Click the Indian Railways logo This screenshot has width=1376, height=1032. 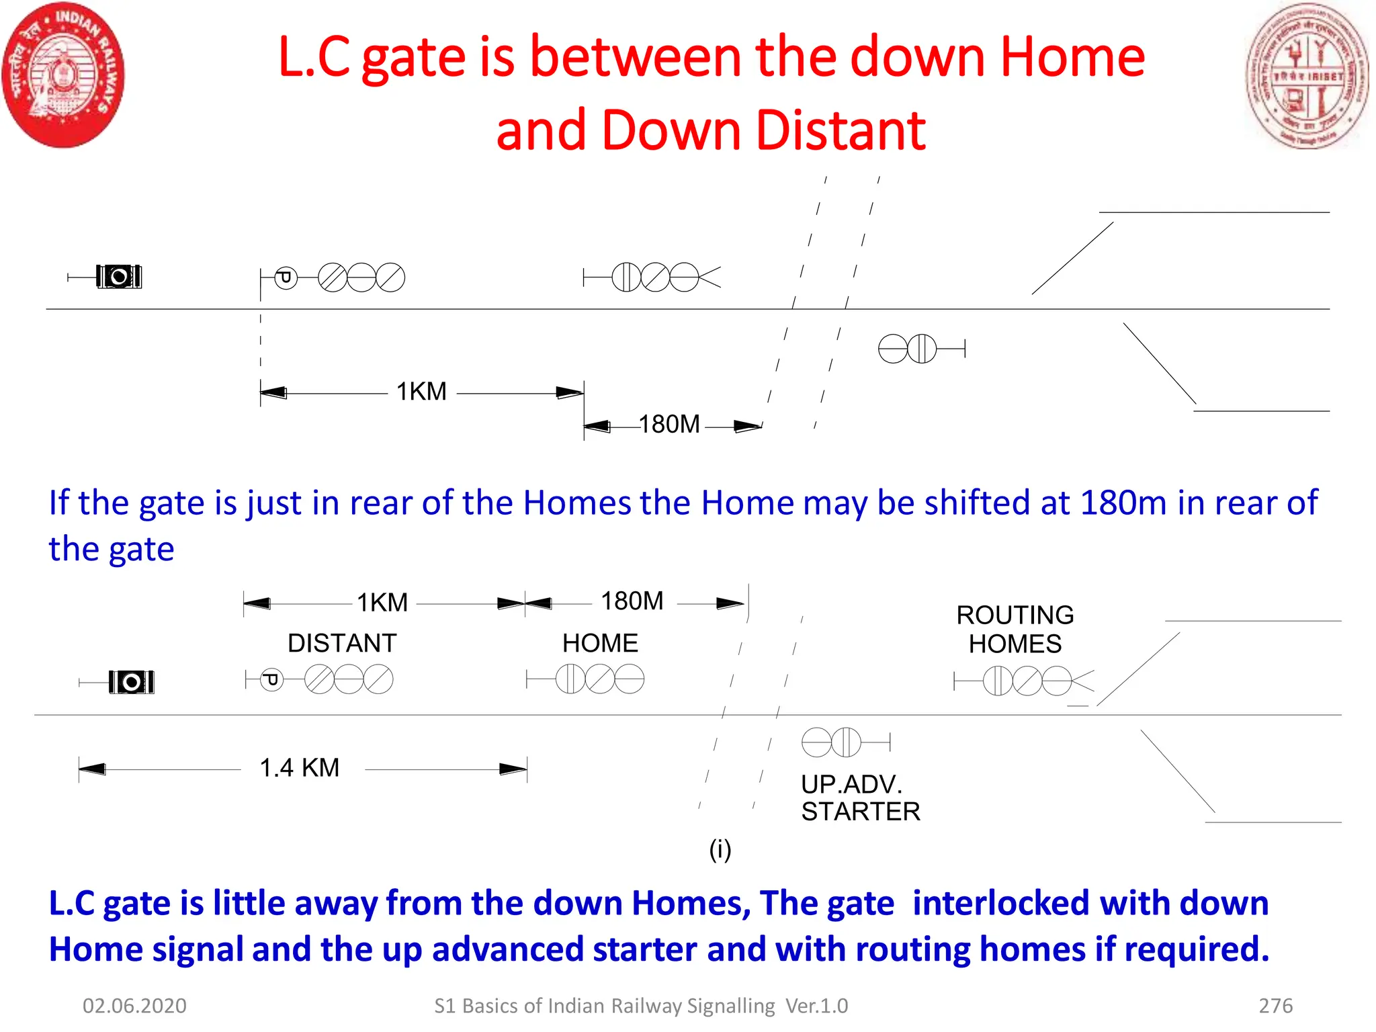(63, 75)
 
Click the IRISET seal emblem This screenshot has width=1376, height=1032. (1307, 76)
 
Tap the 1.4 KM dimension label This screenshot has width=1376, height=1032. (300, 768)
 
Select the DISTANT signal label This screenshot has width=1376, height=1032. (342, 644)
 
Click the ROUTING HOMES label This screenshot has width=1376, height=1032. (1015, 630)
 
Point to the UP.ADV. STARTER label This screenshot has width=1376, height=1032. (860, 798)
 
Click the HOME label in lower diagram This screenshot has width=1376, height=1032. (600, 644)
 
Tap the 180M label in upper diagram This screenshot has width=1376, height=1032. (669, 425)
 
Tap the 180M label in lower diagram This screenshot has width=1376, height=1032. (632, 601)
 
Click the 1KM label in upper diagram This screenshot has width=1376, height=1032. (421, 392)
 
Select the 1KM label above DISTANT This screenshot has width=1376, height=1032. (382, 603)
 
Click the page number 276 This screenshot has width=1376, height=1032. (1275, 1006)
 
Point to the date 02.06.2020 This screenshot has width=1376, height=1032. (134, 1006)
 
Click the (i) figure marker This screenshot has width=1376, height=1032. (720, 850)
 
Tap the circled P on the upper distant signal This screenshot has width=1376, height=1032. (286, 277)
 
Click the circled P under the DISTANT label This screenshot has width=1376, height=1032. (271, 680)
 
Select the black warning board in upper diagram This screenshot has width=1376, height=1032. (119, 277)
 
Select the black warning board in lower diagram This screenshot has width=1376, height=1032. (132, 683)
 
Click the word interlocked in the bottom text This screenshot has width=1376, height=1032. (1000, 903)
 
